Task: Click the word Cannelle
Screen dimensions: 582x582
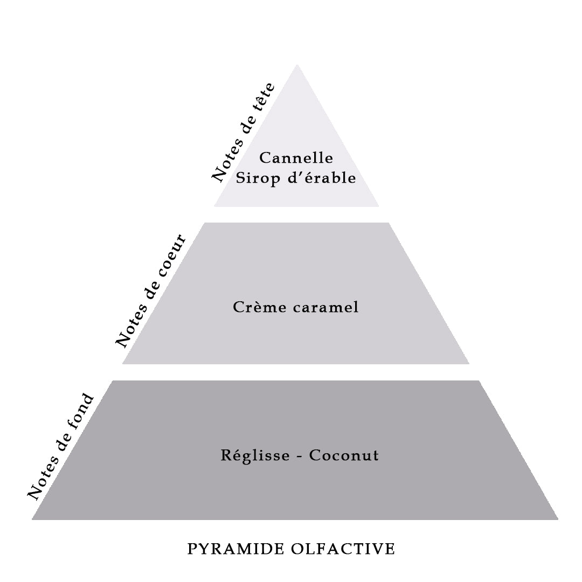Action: (296, 158)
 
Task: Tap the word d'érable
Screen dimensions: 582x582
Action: (322, 178)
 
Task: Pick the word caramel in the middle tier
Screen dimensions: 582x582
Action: (325, 307)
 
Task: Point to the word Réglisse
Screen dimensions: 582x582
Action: (255, 455)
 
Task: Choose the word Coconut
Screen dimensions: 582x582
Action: (344, 455)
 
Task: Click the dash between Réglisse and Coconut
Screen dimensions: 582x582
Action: (299, 456)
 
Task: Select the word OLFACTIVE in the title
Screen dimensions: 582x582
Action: (343, 549)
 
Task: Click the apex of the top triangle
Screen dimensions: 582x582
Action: (297, 65)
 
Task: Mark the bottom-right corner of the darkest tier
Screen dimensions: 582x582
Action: (558, 519)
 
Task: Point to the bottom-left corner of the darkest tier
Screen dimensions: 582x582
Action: (32, 519)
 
